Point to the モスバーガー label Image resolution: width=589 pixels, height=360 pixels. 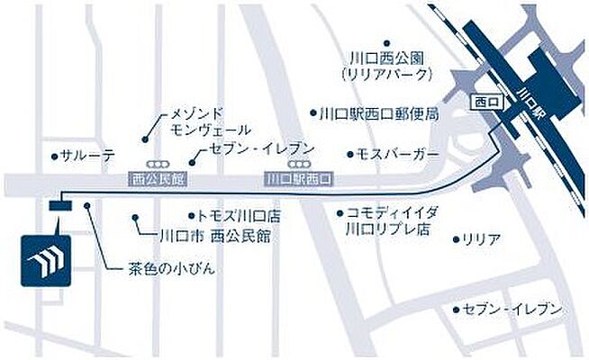pyautogui.click(x=396, y=154)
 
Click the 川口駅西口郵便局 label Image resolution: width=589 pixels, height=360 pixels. pyautogui.click(x=378, y=114)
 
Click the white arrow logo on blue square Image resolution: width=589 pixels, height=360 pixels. pyautogui.click(x=45, y=261)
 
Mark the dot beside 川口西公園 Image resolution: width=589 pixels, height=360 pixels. pyautogui.click(x=385, y=42)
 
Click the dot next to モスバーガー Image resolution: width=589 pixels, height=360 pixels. pyautogui.click(x=349, y=154)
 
